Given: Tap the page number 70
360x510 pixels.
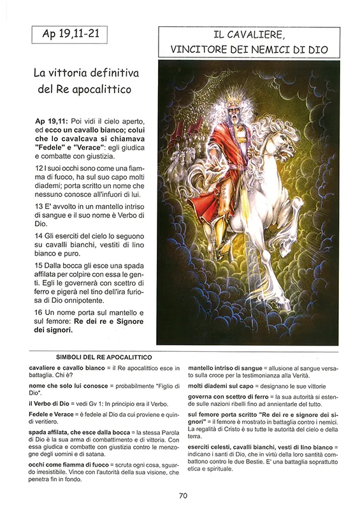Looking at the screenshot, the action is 183,495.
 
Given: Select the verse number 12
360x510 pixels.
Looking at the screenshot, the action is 40,167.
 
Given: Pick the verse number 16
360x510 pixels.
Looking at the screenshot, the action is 40,312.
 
